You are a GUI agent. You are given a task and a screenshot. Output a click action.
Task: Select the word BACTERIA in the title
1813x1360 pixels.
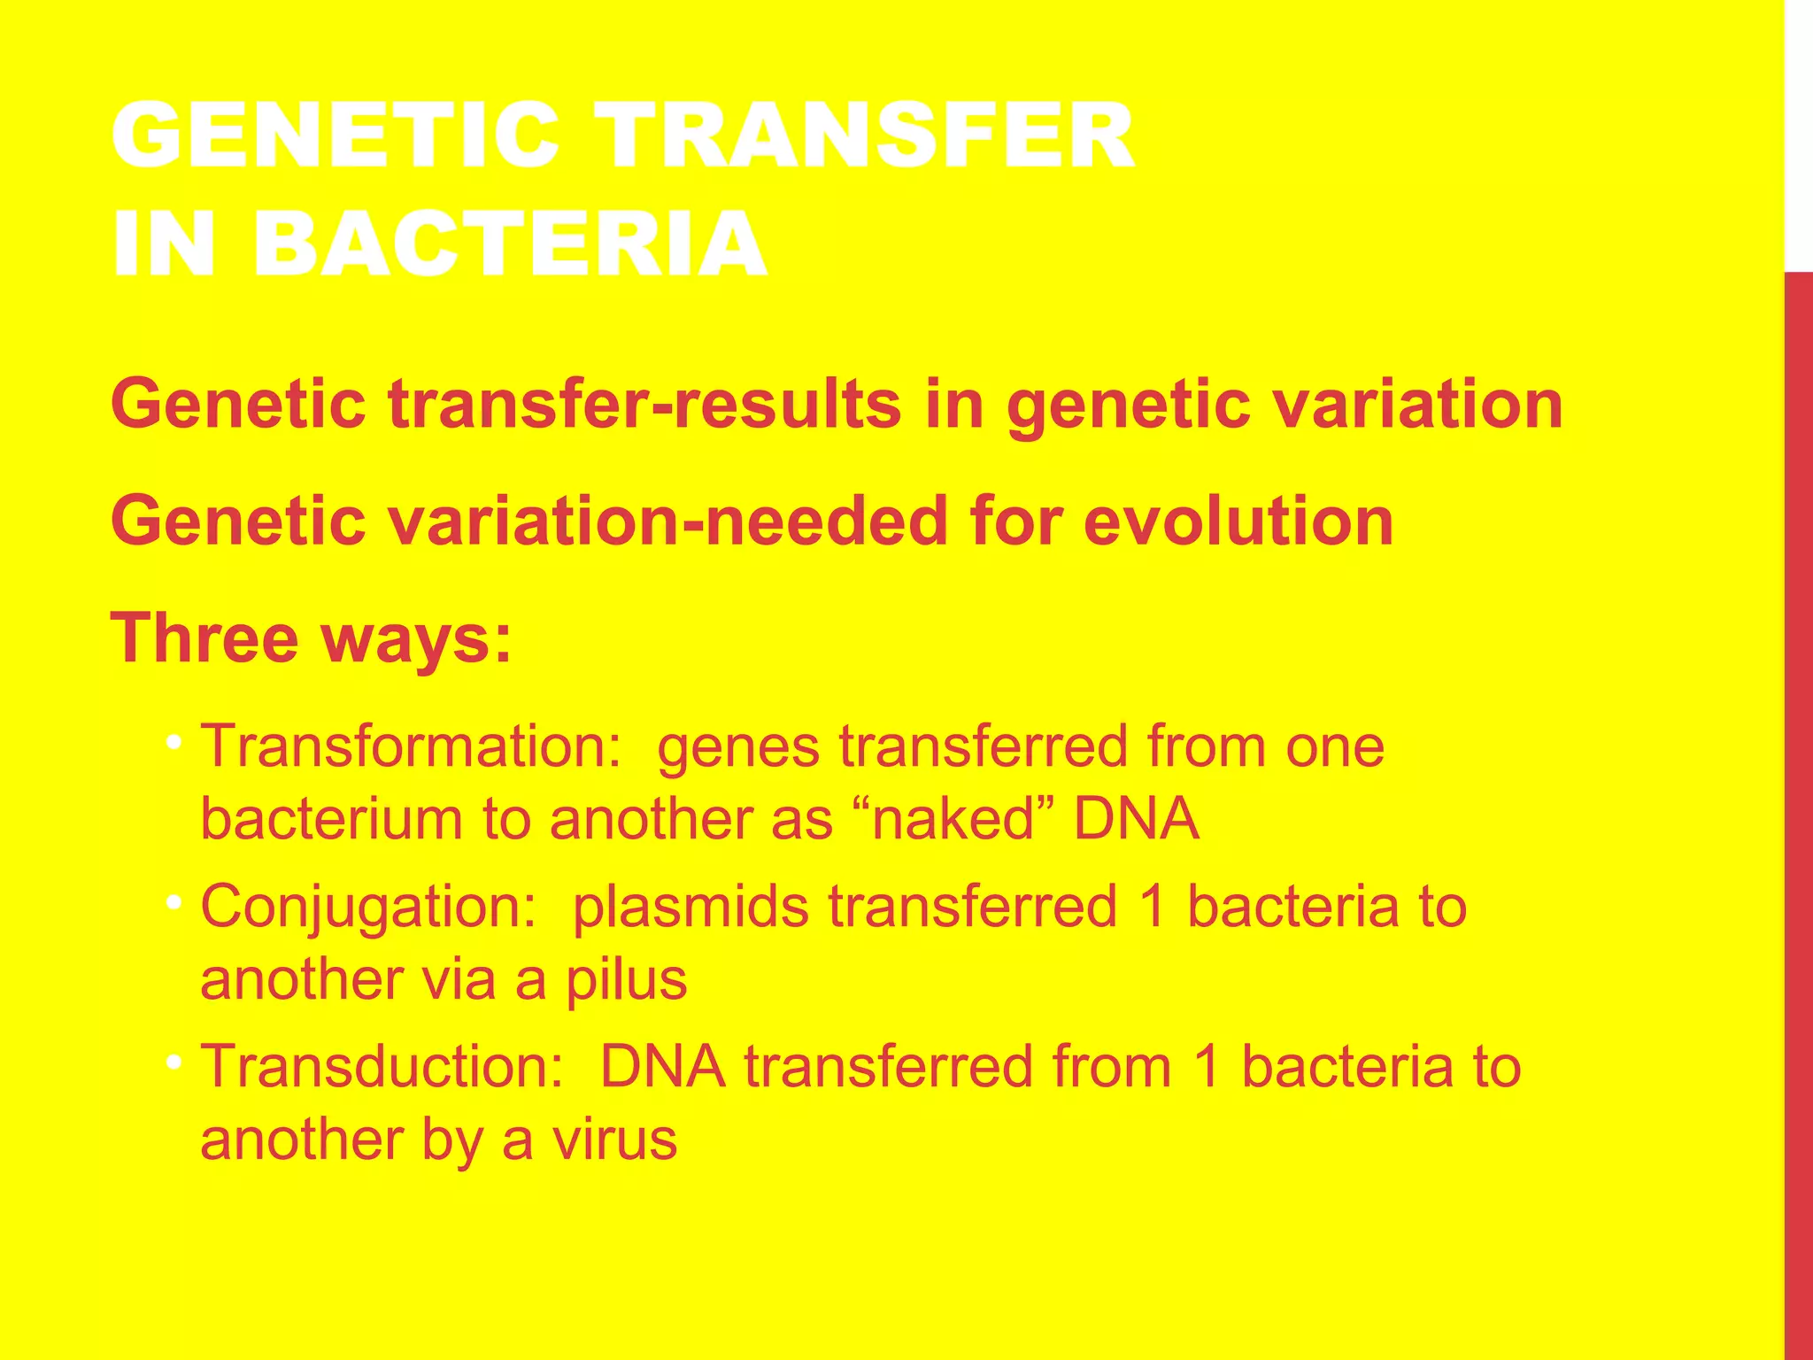(511, 243)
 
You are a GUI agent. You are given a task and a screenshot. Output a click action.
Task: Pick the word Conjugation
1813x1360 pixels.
(368, 907)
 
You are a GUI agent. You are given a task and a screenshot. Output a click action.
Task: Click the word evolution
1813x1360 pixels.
(1238, 521)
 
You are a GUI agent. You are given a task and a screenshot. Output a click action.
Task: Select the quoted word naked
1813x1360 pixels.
(953, 819)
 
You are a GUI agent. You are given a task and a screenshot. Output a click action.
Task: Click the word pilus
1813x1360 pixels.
(627, 980)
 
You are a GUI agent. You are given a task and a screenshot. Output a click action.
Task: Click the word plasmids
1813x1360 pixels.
(690, 908)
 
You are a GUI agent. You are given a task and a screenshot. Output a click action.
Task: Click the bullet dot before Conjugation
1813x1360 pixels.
(174, 902)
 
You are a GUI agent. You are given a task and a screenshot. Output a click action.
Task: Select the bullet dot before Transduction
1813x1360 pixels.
(174, 1061)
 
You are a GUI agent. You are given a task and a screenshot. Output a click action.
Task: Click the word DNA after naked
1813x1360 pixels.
(1136, 819)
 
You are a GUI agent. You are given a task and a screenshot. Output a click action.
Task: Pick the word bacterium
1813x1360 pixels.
(331, 819)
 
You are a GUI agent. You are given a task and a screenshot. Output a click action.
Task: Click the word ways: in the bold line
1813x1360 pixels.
(416, 639)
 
